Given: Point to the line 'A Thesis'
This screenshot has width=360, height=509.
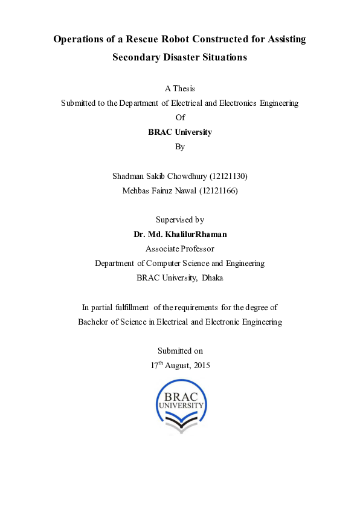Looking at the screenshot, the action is pyautogui.click(x=180, y=88).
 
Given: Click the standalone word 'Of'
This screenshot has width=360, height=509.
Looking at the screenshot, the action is pyautogui.click(x=180, y=117).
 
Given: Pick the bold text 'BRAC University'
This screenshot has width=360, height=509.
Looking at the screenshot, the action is pyautogui.click(x=180, y=132).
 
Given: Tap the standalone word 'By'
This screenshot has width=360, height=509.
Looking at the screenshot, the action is pyautogui.click(x=180, y=146).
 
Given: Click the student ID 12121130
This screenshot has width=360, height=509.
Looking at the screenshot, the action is pyautogui.click(x=228, y=176).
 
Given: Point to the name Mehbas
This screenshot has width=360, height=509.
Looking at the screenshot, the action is pyautogui.click(x=136, y=190).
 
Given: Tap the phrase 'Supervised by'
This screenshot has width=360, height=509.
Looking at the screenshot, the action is pyautogui.click(x=180, y=219).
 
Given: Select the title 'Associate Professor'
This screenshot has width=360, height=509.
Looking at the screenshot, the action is pyautogui.click(x=180, y=248).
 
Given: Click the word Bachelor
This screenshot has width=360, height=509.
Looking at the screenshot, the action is pyautogui.click(x=94, y=322).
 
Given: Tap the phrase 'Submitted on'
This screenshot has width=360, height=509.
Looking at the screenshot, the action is pyautogui.click(x=180, y=351).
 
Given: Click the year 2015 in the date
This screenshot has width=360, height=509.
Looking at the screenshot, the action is pyautogui.click(x=201, y=366).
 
